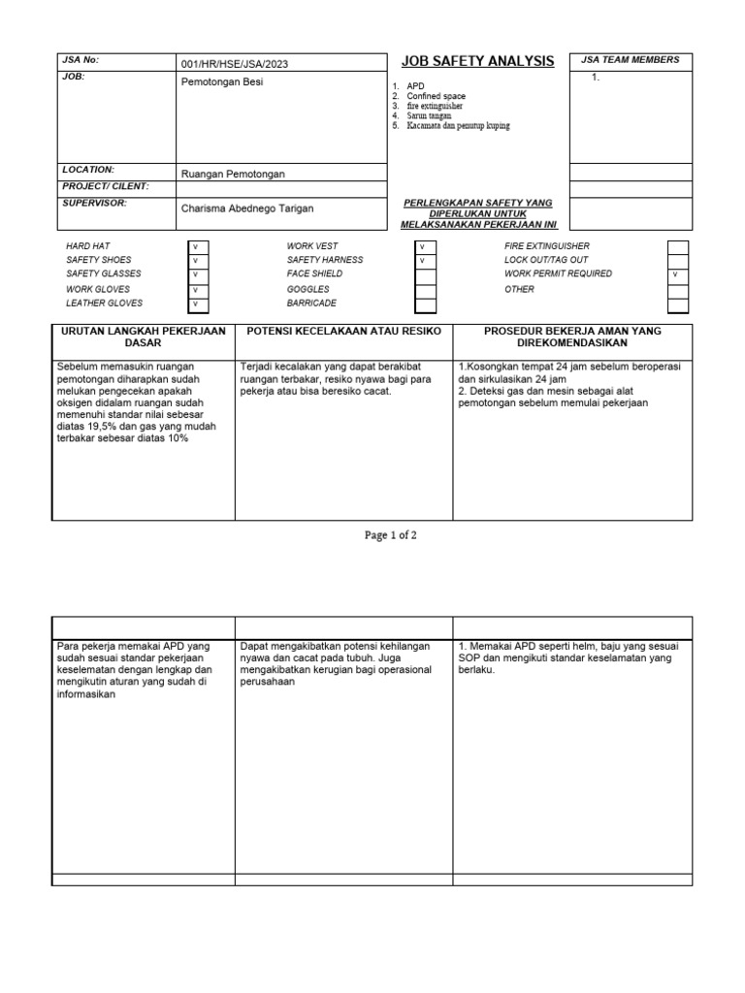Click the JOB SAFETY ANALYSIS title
click(477, 61)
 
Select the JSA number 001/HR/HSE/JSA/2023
click(234, 64)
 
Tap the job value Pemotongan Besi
click(222, 82)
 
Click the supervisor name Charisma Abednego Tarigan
click(248, 208)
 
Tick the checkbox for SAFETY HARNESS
click(425, 261)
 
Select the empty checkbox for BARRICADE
click(425, 304)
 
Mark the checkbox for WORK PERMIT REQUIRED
click(677, 275)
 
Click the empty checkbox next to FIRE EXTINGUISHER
click(677, 246)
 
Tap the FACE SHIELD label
click(313, 274)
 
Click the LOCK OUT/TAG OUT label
click(546, 260)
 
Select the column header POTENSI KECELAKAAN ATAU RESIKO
click(344, 332)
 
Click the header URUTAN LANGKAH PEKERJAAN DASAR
click(143, 337)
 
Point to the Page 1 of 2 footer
click(390, 535)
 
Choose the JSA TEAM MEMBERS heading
click(630, 60)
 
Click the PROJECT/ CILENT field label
click(106, 185)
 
